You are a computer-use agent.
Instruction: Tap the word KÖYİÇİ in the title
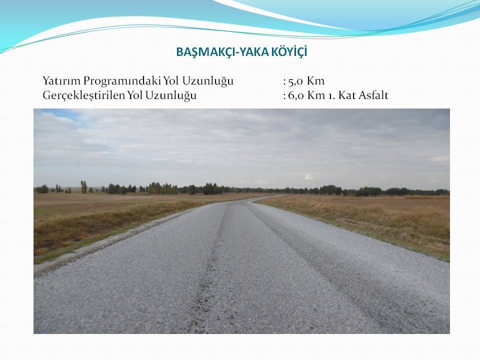click(x=289, y=51)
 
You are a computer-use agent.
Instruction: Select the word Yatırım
click(x=61, y=81)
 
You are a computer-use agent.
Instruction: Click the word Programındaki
click(x=122, y=81)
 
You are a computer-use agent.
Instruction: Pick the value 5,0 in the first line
click(x=295, y=81)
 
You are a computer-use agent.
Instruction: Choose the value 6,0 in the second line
click(x=295, y=95)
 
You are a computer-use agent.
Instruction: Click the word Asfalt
click(x=373, y=95)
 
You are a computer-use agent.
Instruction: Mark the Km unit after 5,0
click(x=315, y=81)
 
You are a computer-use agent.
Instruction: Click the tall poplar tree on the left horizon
click(x=83, y=186)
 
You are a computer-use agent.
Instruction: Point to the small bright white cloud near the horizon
click(x=308, y=177)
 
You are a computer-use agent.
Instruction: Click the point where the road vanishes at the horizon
click(x=281, y=195)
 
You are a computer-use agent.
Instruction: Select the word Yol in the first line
click(x=171, y=81)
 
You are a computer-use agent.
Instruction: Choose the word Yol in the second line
click(x=134, y=95)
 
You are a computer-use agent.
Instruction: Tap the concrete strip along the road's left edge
click(x=101, y=242)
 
